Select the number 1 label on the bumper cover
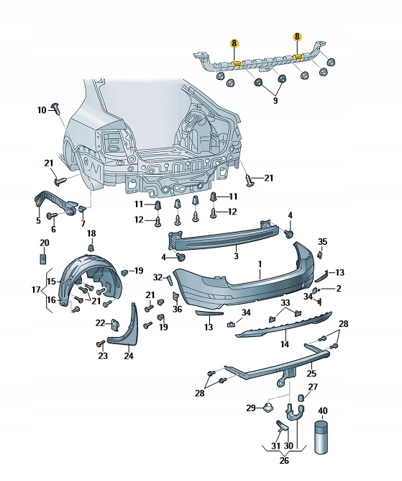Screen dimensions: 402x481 pos(260,264)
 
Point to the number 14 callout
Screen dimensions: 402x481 pos(285,344)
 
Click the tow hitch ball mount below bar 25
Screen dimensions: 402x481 pos(286,377)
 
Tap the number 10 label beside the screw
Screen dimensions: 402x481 pos(42,110)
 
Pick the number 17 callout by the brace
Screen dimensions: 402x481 pos(36,289)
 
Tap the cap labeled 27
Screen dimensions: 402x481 pos(301,397)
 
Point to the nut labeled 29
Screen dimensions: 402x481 pos(268,408)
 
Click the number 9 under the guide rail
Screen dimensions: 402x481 pos(275,100)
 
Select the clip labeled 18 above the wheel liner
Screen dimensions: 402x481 pos(91,248)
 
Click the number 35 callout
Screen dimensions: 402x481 pos(322,241)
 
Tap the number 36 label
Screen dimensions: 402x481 pos(177,309)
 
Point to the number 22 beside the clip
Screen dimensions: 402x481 pos(100,323)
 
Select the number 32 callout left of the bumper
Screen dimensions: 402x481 pos(157,277)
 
